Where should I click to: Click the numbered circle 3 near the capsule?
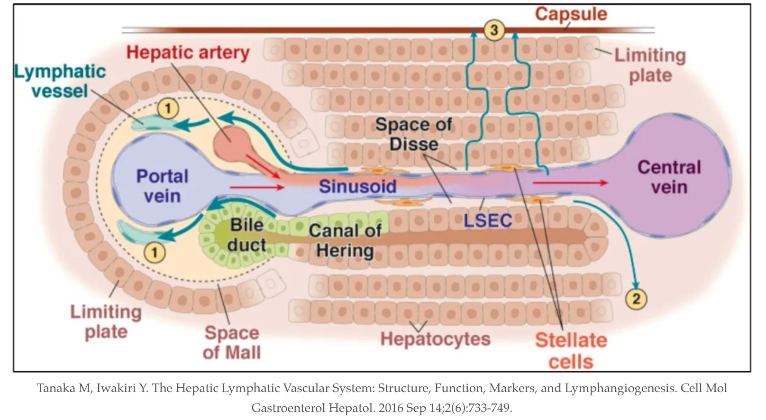point(494,30)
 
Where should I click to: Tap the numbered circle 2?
point(636,299)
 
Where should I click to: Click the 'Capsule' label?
point(571,14)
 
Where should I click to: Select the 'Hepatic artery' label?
point(188,53)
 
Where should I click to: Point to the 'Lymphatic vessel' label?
point(60,81)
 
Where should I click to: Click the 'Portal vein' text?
point(162,186)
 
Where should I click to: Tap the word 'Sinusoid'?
point(357,186)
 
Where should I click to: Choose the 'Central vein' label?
point(669,177)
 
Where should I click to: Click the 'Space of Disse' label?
point(414,134)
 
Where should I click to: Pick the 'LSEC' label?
point(488,220)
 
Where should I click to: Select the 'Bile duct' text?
point(247,235)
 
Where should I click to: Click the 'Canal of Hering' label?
point(345,240)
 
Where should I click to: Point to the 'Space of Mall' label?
point(232,343)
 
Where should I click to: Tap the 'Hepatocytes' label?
point(435,339)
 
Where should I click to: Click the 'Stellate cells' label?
point(571,351)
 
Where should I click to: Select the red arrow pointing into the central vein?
point(570,183)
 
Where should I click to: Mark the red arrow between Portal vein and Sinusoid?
point(256,187)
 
